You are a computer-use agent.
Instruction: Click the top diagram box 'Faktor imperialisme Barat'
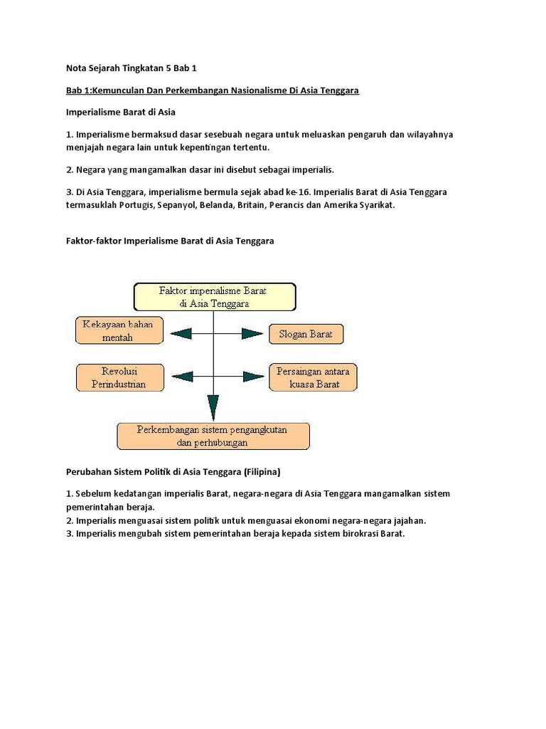[x=214, y=295]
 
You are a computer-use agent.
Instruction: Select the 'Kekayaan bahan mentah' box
[x=119, y=331]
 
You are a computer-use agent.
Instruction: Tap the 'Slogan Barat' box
[x=306, y=333]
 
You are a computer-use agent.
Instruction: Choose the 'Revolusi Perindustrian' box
[x=119, y=377]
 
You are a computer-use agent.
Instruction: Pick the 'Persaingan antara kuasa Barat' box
[x=314, y=377]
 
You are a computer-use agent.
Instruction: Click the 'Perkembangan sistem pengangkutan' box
[x=213, y=436]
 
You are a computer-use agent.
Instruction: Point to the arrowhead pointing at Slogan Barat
[x=252, y=333]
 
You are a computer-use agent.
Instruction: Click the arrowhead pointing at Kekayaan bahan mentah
[x=178, y=332]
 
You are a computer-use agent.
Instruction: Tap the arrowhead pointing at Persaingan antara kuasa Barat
[x=252, y=377]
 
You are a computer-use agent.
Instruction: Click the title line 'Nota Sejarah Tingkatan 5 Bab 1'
[x=131, y=69]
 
